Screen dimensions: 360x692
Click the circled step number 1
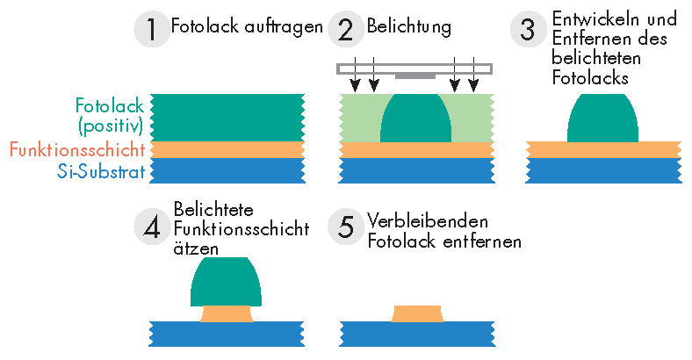point(152,29)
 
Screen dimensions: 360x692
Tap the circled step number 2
point(346,29)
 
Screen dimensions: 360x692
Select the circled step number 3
point(528,29)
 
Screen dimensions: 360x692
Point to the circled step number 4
point(152,228)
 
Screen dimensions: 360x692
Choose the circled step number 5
point(346,228)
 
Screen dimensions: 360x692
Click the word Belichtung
point(409,27)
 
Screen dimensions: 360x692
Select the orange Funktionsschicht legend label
point(77,149)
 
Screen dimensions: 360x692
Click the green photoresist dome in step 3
point(603,119)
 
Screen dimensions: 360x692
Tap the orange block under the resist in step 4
point(226,313)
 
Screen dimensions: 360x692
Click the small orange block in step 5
point(417,313)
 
